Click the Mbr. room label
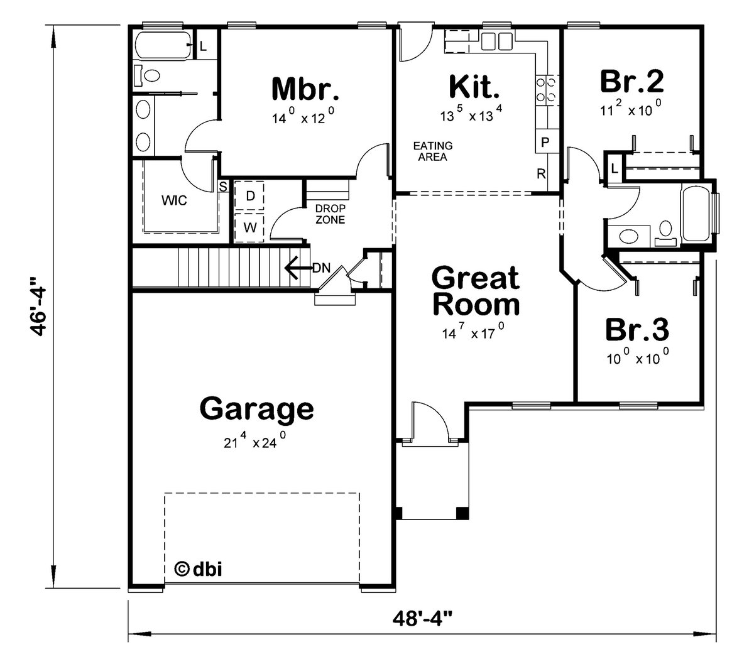(305, 89)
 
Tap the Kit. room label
(474, 87)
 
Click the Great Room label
(476, 291)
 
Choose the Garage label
(256, 409)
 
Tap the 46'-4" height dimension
(40, 305)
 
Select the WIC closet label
(174, 201)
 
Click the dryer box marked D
(249, 196)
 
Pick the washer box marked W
(249, 227)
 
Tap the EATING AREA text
(432, 151)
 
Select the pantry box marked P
(545, 142)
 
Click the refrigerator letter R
(540, 174)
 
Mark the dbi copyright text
(197, 569)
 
